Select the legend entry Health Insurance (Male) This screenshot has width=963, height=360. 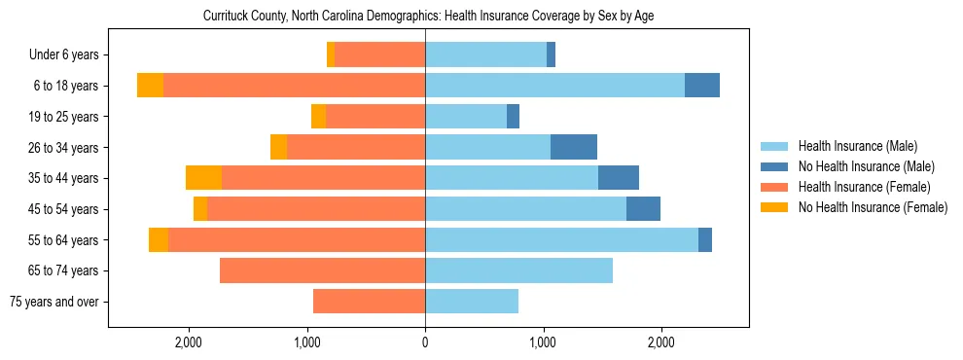point(857,146)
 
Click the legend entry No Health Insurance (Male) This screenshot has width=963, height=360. point(866,166)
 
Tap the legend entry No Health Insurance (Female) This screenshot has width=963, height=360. point(873,207)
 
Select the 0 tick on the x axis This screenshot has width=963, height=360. point(425,343)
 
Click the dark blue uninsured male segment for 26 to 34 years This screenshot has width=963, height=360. point(574,147)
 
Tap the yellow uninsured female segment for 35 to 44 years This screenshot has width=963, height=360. point(203,178)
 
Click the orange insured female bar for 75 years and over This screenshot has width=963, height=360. point(369,302)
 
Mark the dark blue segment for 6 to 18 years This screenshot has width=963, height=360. point(702,86)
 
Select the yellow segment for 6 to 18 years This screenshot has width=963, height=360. point(150,86)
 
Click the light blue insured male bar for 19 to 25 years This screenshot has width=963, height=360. point(466,117)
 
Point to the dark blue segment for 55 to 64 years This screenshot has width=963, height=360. point(705,239)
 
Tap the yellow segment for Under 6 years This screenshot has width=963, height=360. point(331,54)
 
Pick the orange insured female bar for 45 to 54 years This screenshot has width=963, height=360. point(316,209)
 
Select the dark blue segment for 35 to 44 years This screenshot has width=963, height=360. point(619,178)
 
